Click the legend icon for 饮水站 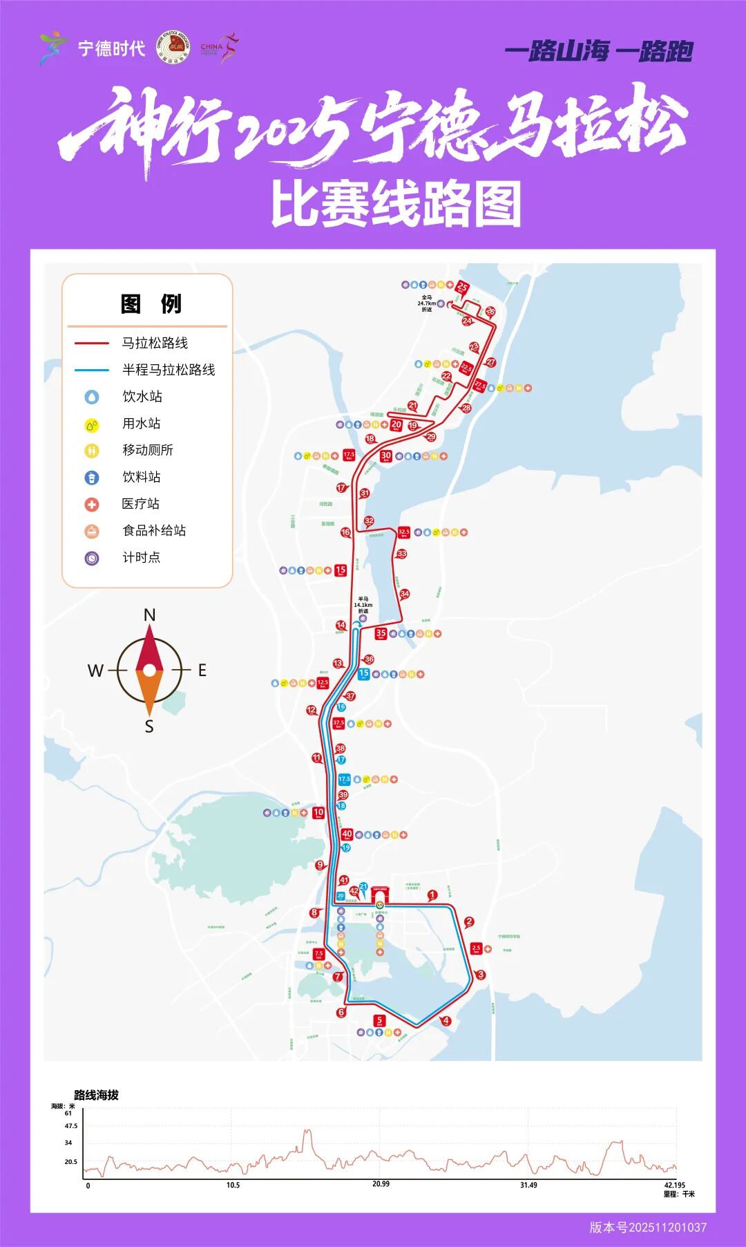pos(92,397)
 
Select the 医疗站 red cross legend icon pos(92,505)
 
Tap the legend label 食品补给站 pos(154,530)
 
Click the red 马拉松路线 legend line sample pos(92,343)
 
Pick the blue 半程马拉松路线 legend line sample pos(92,370)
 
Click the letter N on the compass pos(149,615)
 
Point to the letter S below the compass pos(149,726)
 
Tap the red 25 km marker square pos(462,288)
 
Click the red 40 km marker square pos(347,834)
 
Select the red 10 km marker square pos(318,813)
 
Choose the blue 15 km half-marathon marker pos(363,674)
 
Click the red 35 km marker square pos(381,633)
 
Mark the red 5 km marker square pos(379,1020)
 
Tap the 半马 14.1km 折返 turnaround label pos(363,605)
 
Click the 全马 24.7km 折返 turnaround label pos(426,303)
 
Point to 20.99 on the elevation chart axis pos(381,1184)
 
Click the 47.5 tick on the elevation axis pos(70,1126)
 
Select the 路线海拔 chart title pos(96,1095)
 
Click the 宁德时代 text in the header pos(111,48)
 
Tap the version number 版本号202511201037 pos(647,1228)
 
